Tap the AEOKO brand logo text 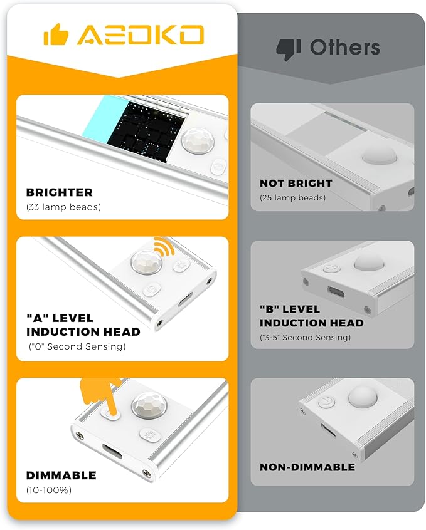[141, 34]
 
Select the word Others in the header [344, 48]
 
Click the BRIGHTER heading [59, 192]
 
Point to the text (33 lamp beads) [63, 207]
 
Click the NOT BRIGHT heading [296, 183]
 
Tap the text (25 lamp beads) [292, 198]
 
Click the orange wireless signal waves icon [164, 246]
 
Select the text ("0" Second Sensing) [77, 346]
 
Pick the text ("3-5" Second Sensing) [305, 337]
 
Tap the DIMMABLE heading [61, 475]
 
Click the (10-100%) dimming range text [49, 490]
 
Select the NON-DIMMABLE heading [307, 467]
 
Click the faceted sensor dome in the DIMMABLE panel [149, 405]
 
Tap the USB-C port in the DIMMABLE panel [112, 451]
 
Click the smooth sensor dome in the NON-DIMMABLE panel [363, 396]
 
